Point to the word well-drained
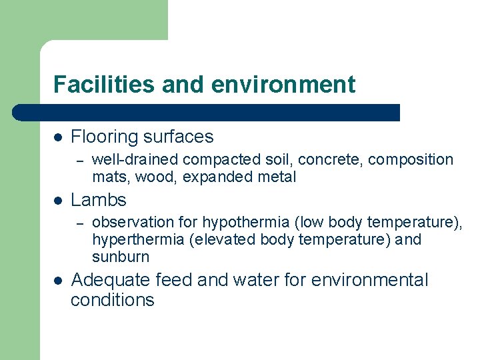click(135, 160)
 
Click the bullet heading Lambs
click(99, 199)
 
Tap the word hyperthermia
click(138, 239)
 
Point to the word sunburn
click(121, 257)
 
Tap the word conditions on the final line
click(112, 300)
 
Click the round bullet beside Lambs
click(58, 200)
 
